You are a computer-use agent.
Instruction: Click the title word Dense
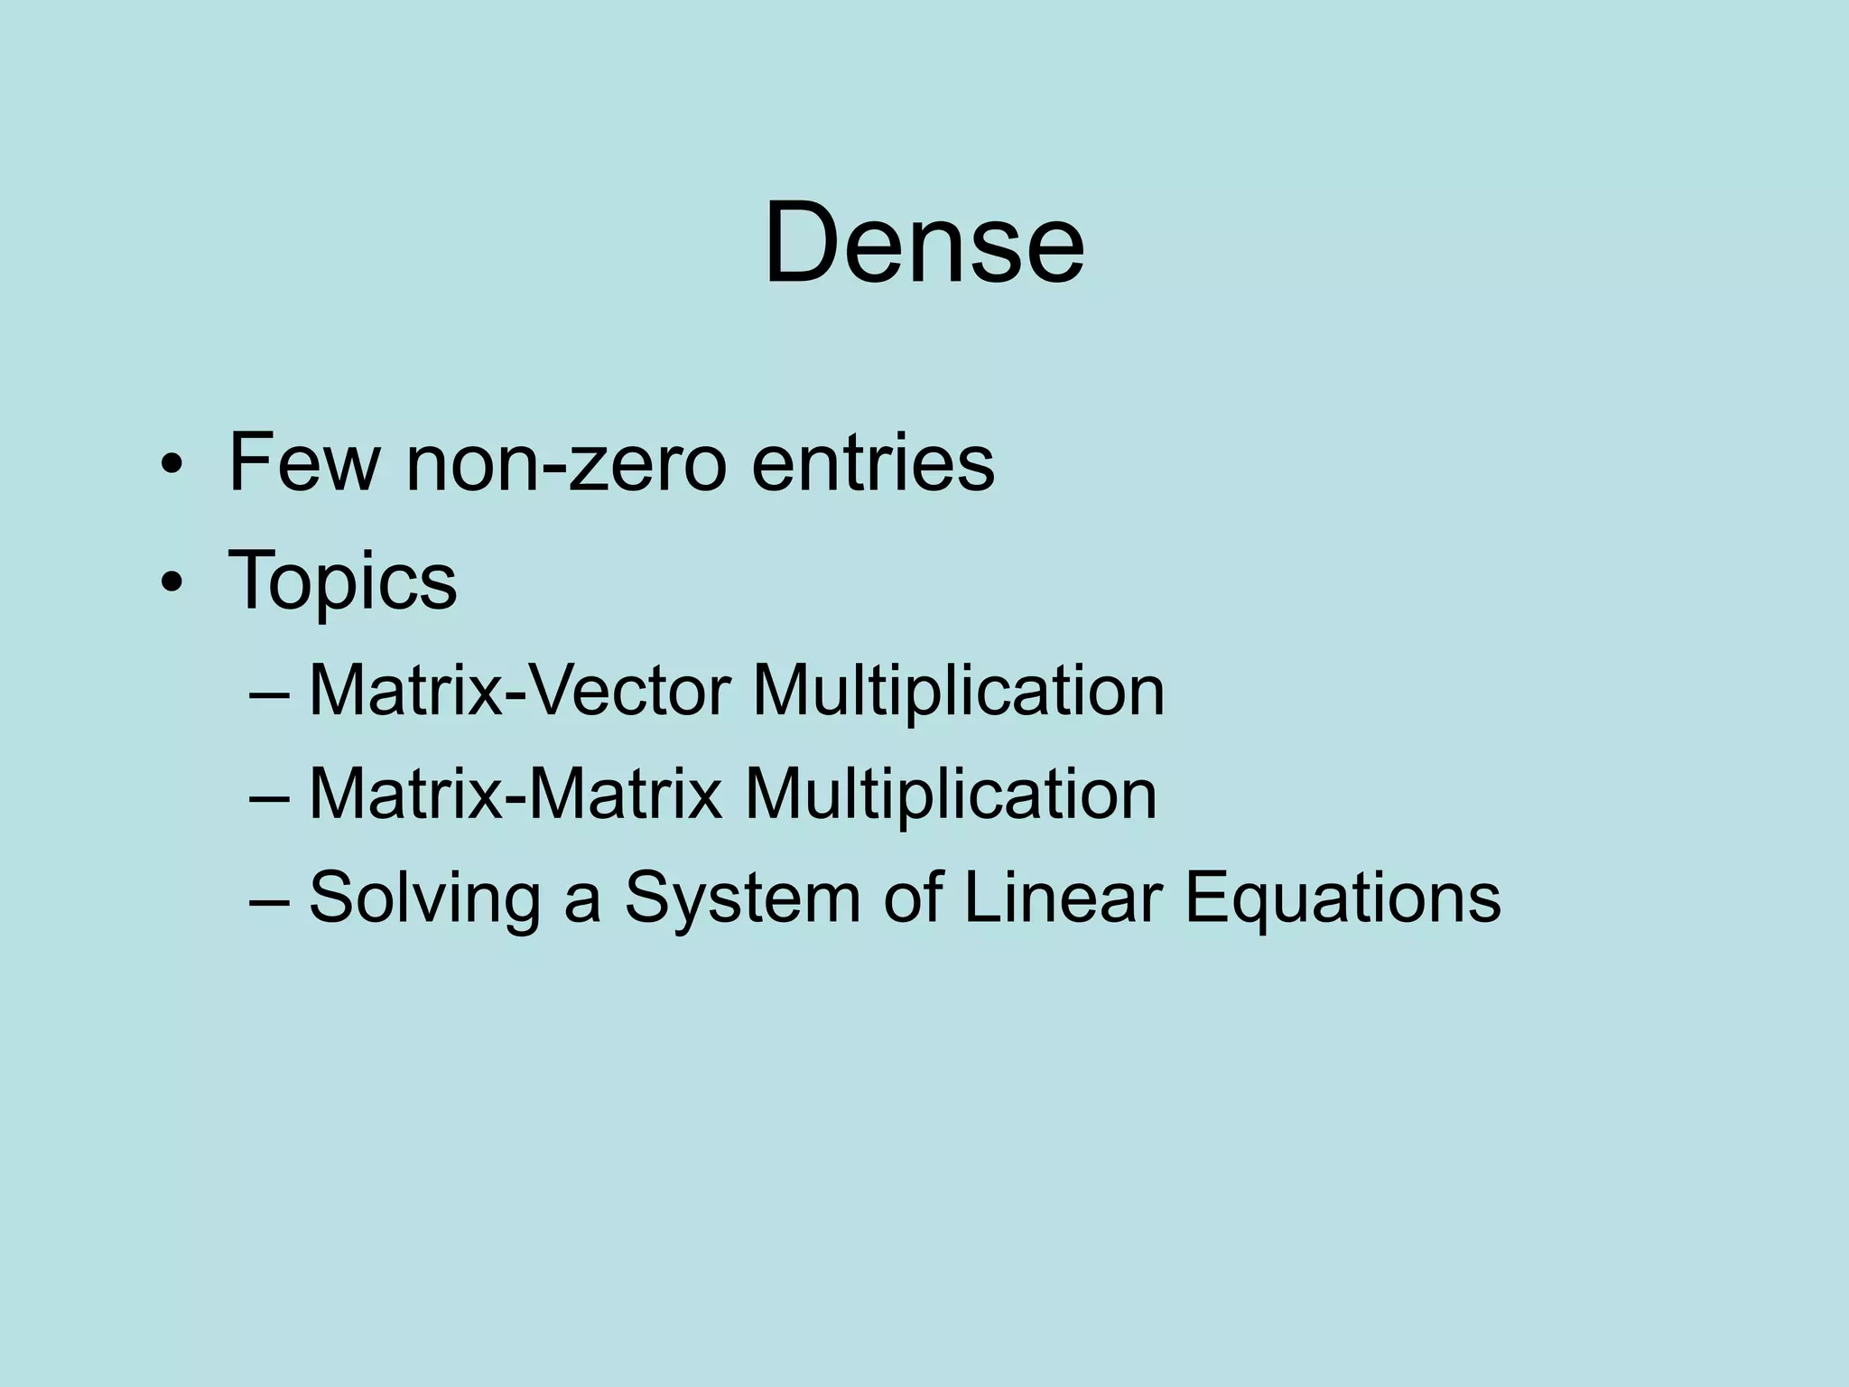(924, 244)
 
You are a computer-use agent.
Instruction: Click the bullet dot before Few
(170, 467)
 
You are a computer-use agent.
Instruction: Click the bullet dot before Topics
(170, 584)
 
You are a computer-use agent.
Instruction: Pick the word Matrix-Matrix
(516, 795)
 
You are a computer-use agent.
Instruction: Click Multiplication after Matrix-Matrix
(950, 795)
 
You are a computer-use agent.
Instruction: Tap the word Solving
(424, 899)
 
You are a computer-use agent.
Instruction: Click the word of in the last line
(912, 898)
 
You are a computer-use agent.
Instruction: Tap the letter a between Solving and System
(582, 903)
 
